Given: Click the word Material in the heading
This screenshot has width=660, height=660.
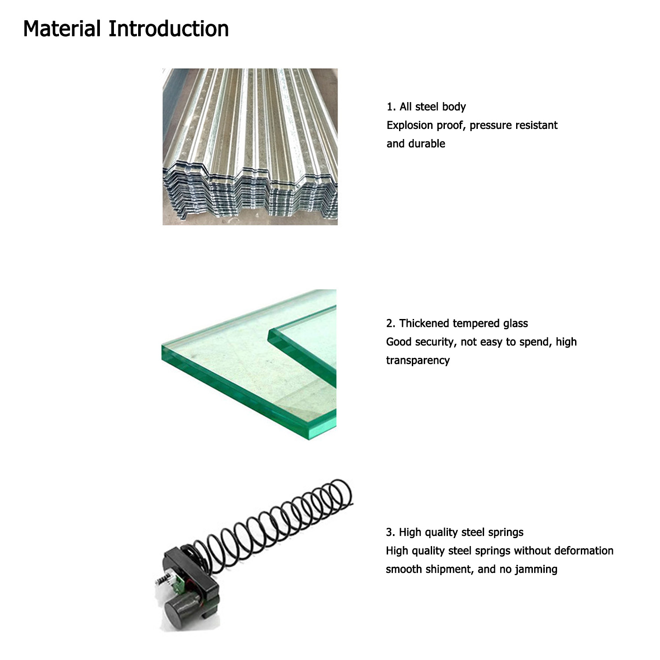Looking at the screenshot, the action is point(62,29).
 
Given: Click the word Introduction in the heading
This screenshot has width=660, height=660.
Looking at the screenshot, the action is point(169,29).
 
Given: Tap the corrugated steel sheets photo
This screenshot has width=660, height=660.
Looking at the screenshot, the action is point(250,147).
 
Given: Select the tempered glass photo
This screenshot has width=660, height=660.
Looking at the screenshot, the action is point(249,365).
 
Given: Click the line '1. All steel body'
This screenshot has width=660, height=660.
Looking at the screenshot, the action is point(426,107).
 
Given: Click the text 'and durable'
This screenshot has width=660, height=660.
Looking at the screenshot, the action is point(416,144).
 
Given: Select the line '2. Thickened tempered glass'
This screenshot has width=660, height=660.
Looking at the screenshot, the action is point(457,323).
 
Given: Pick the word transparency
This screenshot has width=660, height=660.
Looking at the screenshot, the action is point(418,361).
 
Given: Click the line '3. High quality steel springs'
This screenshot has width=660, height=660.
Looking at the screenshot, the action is point(455,532).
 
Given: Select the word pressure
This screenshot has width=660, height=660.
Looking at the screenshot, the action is point(490,125).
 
